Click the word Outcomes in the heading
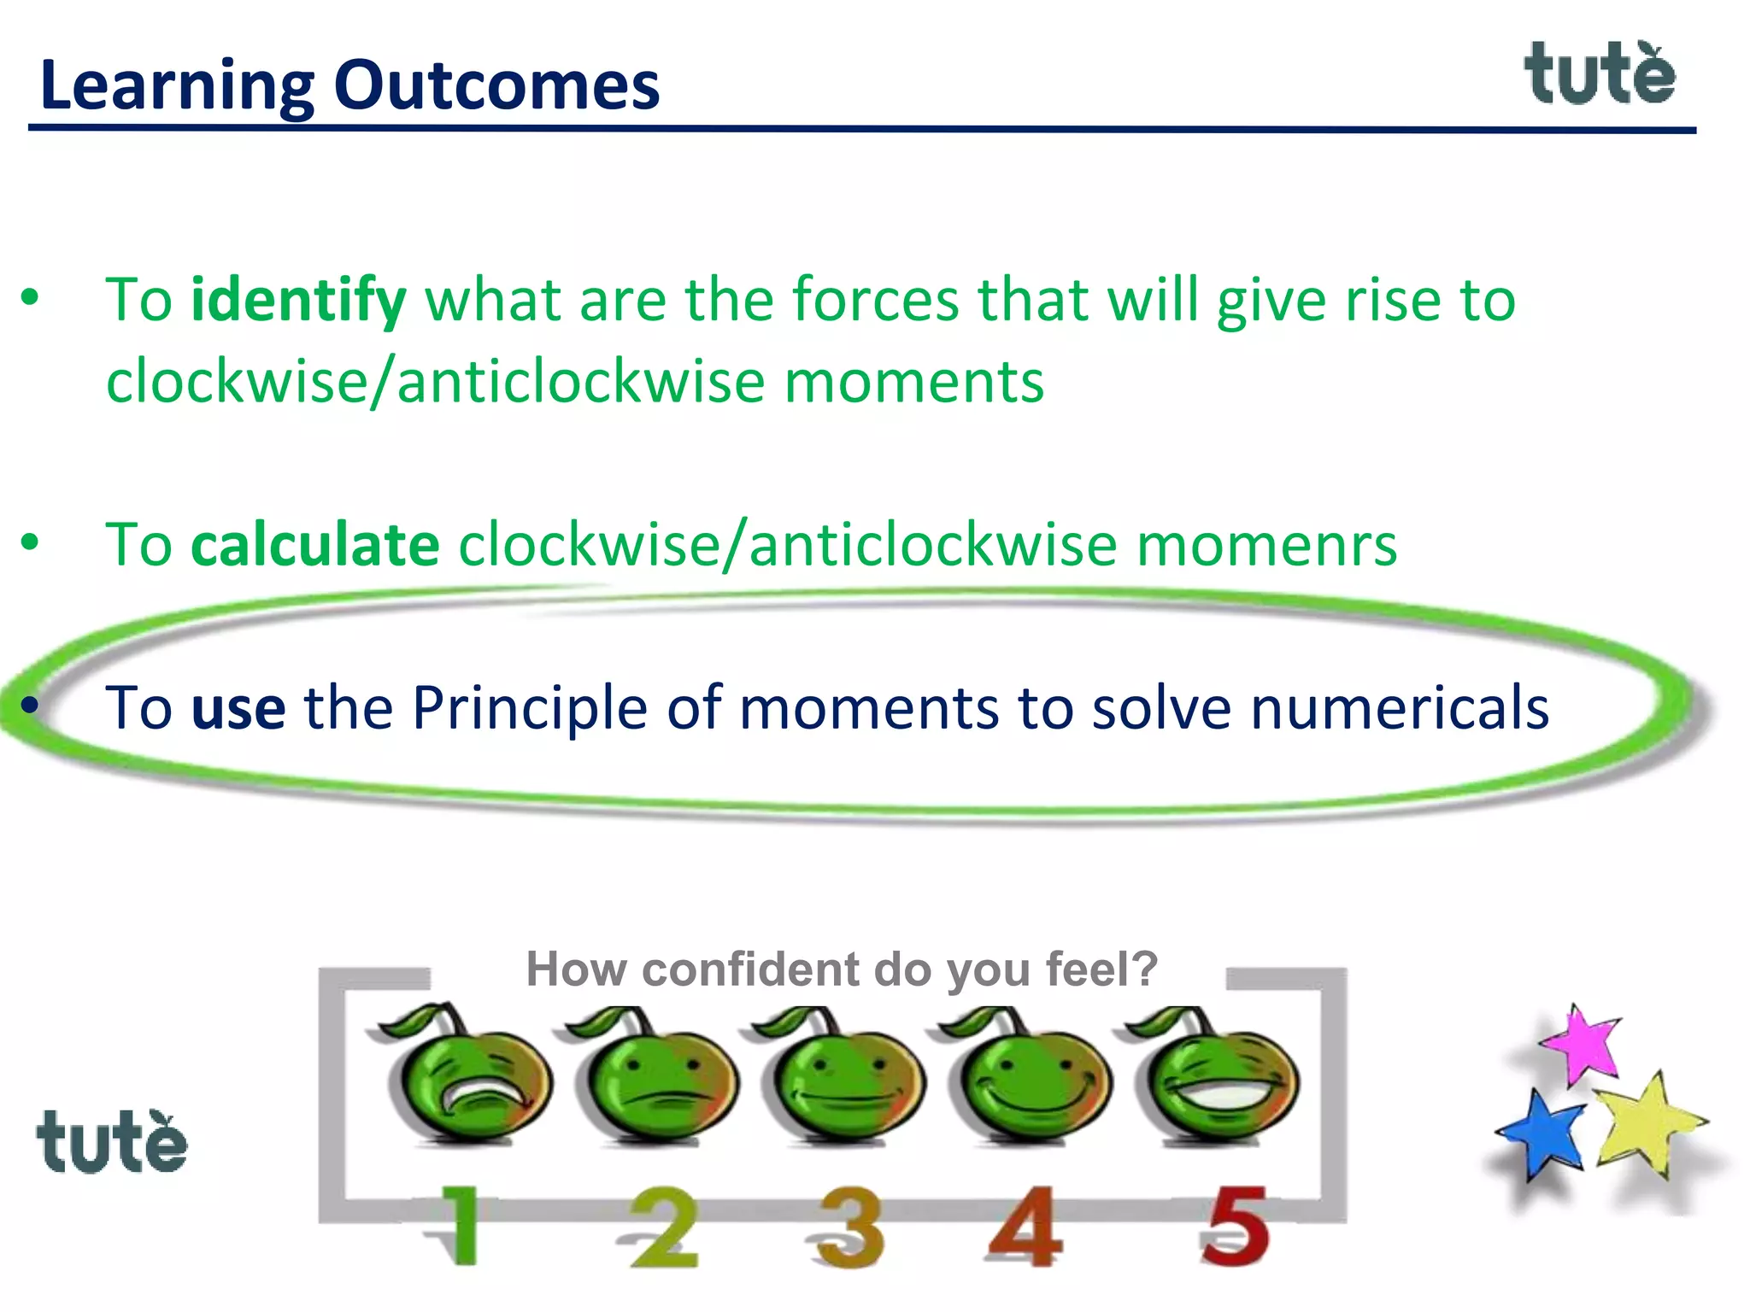pyautogui.click(x=496, y=86)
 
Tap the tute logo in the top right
pyautogui.click(x=1600, y=75)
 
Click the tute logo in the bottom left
pyautogui.click(x=111, y=1143)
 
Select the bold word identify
pyautogui.click(x=298, y=301)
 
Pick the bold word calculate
pyautogui.click(x=315, y=545)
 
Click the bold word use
pyautogui.click(x=238, y=709)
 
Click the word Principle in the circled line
pyautogui.click(x=530, y=709)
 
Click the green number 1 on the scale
pyautogui.click(x=460, y=1225)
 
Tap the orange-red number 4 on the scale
pyautogui.click(x=1026, y=1227)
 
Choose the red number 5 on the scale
pyautogui.click(x=1234, y=1225)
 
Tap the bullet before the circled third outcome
pyautogui.click(x=31, y=706)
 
